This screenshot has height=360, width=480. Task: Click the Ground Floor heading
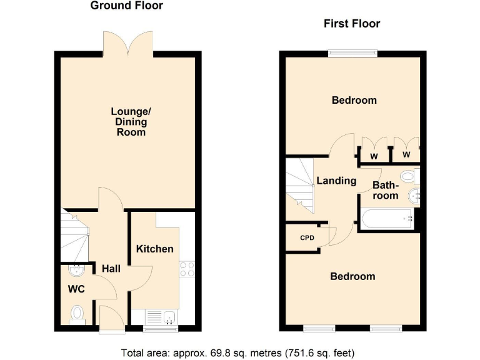pos(127,6)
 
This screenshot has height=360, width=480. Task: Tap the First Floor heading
pos(351,24)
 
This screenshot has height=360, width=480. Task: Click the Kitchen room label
pos(155,249)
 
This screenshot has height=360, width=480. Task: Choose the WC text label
pos(76,289)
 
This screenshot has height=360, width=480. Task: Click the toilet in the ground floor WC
pos(77,312)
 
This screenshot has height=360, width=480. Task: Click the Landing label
pos(336,181)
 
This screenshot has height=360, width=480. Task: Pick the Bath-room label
pos(386,191)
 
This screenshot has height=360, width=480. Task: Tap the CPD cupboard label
pos(307,237)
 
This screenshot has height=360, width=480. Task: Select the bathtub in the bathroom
pos(387,219)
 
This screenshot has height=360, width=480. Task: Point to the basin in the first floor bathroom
pos(414,197)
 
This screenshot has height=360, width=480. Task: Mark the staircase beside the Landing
pos(300,184)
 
